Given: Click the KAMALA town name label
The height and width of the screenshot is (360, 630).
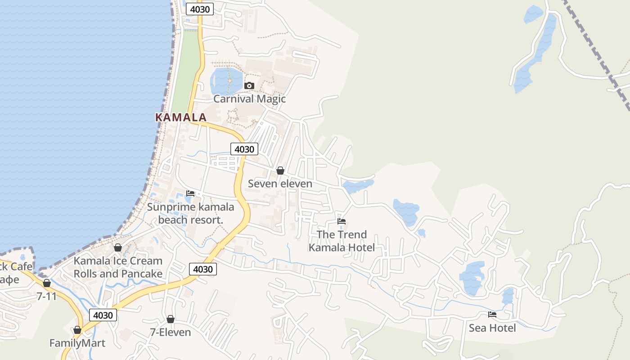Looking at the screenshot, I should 180,117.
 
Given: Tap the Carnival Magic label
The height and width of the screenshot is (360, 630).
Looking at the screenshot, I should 249,99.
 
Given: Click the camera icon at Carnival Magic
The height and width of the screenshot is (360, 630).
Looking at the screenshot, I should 249,85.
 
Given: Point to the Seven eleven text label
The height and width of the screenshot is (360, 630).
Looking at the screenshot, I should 280,184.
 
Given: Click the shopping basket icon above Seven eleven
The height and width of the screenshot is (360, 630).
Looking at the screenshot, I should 280,171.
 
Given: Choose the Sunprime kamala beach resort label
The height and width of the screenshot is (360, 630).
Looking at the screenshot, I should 191,213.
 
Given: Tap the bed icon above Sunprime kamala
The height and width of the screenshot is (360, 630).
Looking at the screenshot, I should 190,193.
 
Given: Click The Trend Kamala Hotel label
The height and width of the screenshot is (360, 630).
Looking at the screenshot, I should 342,241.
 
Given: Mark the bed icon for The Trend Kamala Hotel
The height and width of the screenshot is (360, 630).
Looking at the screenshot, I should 342,221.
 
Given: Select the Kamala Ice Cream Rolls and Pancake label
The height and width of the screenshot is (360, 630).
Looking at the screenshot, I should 118,267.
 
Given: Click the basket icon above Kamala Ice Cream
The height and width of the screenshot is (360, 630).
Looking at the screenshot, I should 118,247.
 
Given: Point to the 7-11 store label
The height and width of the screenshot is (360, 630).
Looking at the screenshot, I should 47,296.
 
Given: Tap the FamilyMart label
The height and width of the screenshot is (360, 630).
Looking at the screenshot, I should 77,343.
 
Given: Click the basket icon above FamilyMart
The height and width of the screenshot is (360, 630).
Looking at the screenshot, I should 77,330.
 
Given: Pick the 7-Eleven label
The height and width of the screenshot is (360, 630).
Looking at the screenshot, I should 170,333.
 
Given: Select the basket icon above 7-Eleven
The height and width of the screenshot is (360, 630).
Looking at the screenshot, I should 170,319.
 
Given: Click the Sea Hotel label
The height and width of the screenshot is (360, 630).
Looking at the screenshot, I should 492,328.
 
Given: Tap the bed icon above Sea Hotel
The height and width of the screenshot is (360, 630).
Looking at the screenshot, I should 492,315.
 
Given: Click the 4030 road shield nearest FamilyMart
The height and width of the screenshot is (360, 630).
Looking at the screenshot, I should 103,315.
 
